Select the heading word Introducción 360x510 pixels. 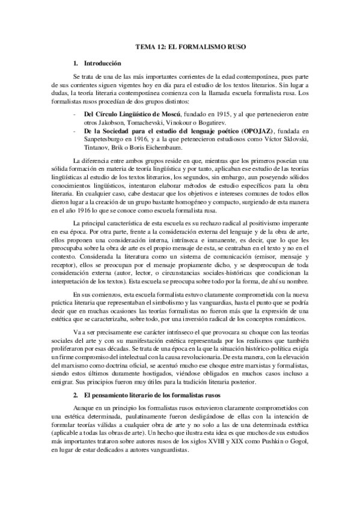click(103, 63)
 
